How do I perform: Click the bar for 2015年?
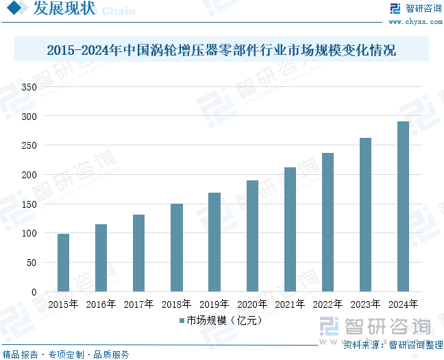point(63,263)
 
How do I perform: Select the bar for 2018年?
point(177,248)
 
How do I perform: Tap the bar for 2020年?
point(252,236)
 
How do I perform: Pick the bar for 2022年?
point(328,222)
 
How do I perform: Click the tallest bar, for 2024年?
point(403,206)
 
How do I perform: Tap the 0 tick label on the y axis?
point(33,292)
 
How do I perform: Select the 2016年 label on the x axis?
point(101,303)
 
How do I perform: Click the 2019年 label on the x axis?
point(214,303)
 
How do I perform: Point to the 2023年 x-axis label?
point(365,303)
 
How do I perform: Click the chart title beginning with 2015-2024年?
point(221,51)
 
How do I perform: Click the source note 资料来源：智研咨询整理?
point(393,344)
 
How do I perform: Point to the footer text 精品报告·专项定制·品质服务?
point(66,354)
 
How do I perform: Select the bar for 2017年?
point(138,253)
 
